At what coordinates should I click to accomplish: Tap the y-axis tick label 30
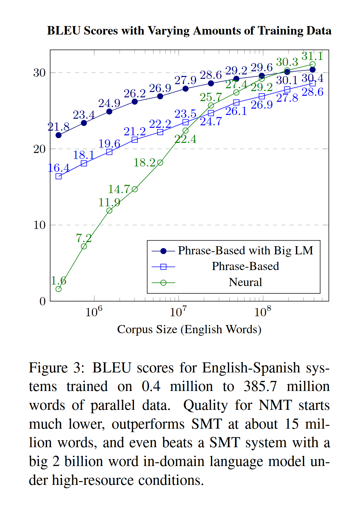coord(40,73)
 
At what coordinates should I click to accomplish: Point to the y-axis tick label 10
coord(40,225)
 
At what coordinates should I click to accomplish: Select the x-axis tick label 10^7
coord(178,312)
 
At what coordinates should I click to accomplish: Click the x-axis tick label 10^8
coord(263,312)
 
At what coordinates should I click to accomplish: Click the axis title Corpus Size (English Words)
coord(189,329)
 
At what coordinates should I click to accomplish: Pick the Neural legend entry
coord(245,282)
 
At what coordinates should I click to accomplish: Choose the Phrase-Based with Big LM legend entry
coord(245,251)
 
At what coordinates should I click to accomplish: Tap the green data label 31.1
coord(312,56)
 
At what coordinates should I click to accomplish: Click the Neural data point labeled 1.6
coord(58,289)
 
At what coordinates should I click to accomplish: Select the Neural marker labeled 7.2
coord(84,246)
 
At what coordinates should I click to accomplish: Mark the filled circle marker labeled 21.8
coord(58,135)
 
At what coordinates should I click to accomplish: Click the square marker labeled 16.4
coord(58,176)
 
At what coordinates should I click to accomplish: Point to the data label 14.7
coord(119,189)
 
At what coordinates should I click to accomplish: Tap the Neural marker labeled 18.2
coord(160,162)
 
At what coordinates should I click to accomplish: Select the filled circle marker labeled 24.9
coord(109,111)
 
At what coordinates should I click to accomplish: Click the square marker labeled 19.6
coord(109,152)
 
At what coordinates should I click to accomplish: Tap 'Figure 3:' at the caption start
coord(57,368)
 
